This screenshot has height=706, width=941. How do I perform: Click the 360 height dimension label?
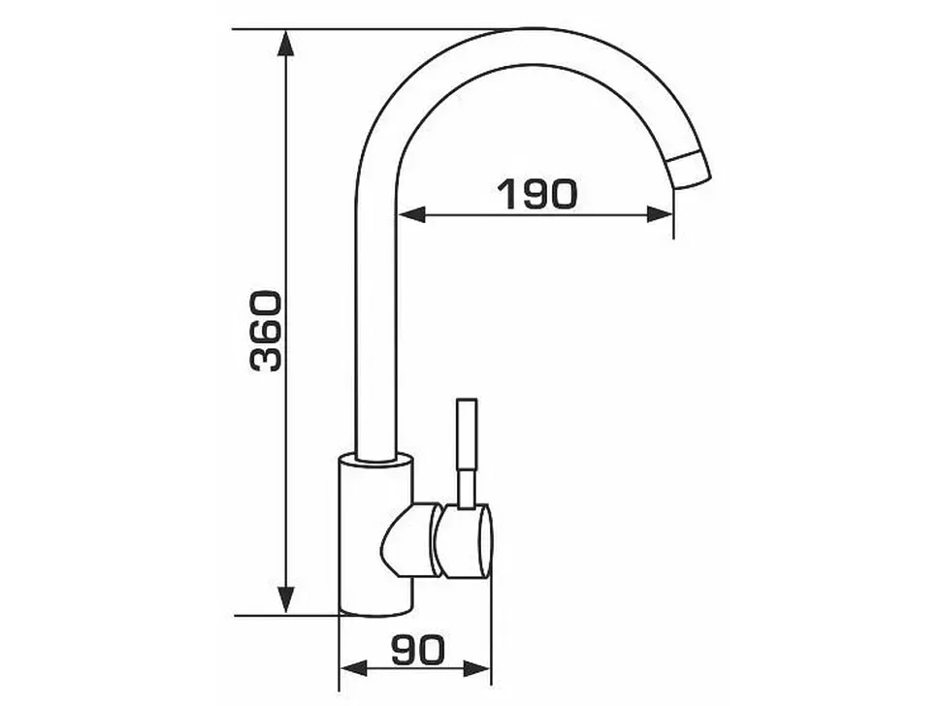[x=266, y=331]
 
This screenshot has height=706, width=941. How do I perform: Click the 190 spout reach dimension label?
[x=537, y=193]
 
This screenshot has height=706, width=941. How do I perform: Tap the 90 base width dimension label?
[x=419, y=650]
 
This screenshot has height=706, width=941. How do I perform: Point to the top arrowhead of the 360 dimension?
[x=286, y=43]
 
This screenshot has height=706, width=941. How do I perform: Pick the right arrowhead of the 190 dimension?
[x=660, y=214]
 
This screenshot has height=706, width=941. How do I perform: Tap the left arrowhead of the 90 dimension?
[x=353, y=668]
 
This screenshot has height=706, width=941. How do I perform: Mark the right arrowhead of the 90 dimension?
[x=477, y=668]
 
